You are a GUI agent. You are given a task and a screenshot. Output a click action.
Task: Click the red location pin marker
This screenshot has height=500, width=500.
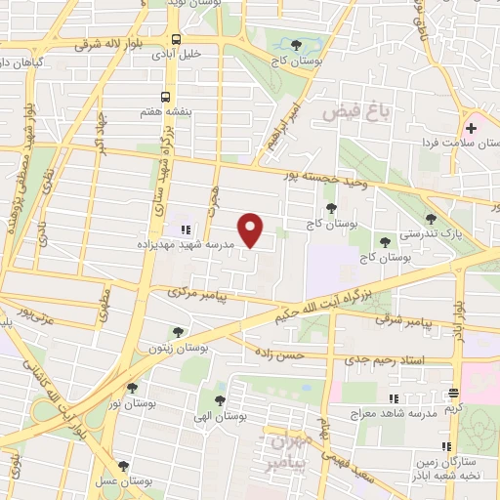point(252,229)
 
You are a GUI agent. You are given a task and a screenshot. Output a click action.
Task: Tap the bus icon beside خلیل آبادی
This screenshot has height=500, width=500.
point(175,40)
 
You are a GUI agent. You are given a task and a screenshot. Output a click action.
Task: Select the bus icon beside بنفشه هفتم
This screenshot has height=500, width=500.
point(166,97)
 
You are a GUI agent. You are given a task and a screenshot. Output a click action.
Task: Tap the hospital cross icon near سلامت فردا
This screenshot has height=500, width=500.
point(471,129)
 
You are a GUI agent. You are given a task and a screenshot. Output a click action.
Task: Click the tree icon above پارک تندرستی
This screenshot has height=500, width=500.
point(431,219)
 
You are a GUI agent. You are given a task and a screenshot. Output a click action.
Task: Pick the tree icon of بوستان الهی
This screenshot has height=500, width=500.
point(218,398)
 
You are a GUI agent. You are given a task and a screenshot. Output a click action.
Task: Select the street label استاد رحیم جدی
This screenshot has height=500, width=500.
point(384,359)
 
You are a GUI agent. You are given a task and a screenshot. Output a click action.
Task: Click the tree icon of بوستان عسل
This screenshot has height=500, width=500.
point(122,466)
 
